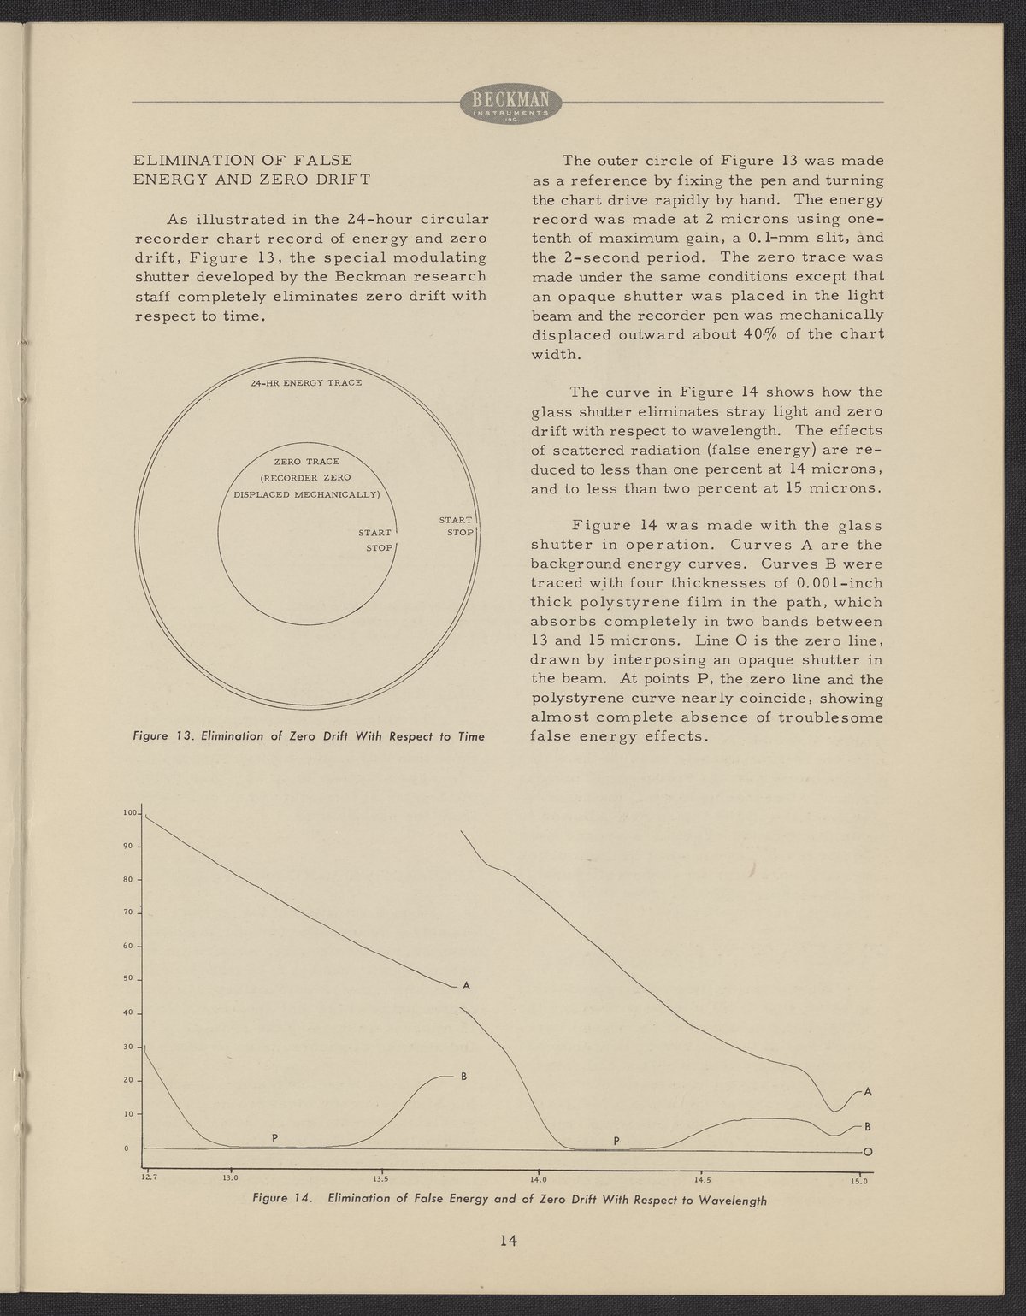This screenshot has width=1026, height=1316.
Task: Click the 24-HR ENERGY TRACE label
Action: [307, 381]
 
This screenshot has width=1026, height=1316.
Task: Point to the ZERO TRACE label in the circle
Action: [306, 462]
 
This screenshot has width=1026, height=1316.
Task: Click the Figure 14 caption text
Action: [510, 1199]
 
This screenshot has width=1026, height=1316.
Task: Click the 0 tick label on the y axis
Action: [127, 1148]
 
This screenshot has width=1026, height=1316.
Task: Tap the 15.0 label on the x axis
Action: [858, 1183]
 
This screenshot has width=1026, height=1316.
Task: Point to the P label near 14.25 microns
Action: [616, 1141]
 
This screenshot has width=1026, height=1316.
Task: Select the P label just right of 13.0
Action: [274, 1137]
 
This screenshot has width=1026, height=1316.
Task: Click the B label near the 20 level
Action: [463, 1076]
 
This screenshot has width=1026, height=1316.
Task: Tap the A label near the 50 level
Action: [466, 986]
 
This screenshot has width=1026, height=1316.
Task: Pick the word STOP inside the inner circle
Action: [379, 547]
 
